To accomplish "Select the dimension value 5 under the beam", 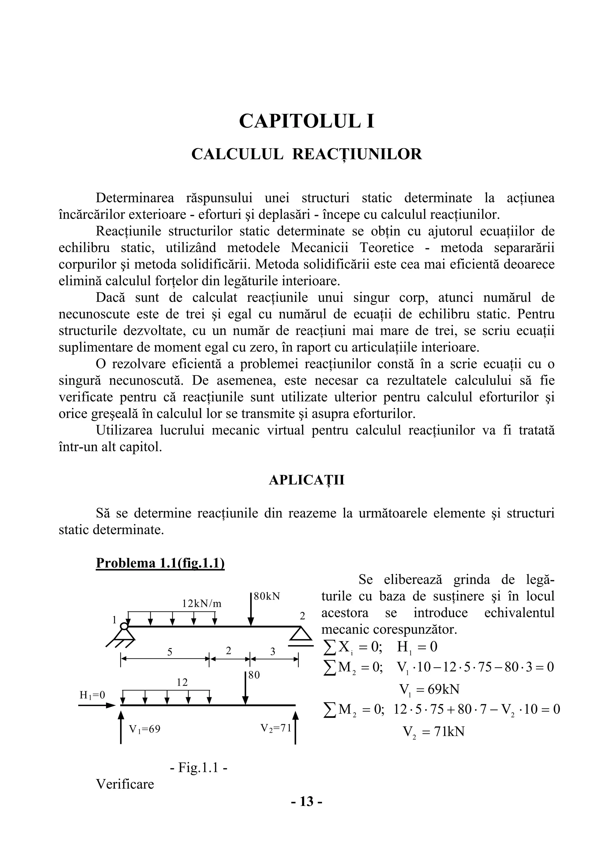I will pos(170,652).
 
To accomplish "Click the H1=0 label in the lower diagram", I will pos(92,695).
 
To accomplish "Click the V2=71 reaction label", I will pos(276,728).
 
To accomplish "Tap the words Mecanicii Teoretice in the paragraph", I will pos(352,248).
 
